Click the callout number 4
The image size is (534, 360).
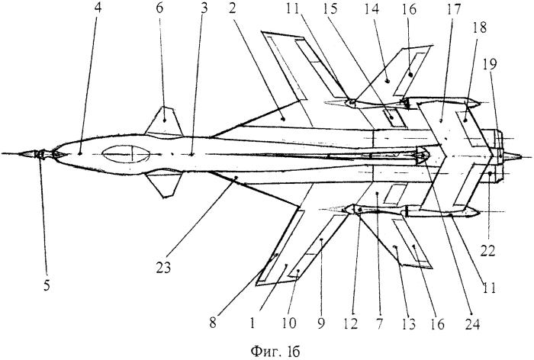[x=80, y=12]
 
